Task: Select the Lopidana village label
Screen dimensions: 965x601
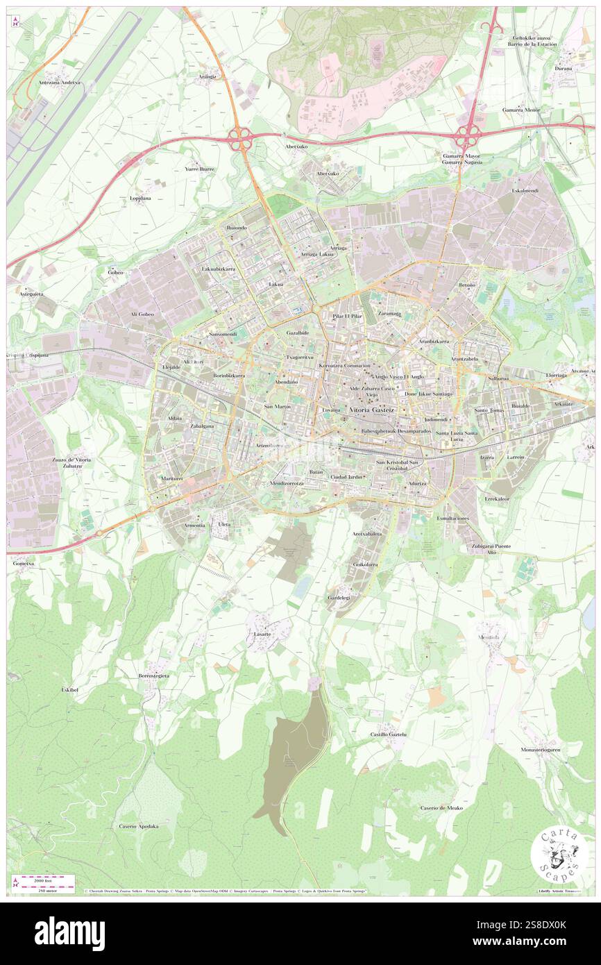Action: [140, 198]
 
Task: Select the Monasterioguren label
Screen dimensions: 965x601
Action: [541, 750]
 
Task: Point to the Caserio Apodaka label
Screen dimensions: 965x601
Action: [139, 826]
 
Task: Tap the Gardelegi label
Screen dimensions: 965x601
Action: [339, 597]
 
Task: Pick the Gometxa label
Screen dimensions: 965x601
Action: [23, 564]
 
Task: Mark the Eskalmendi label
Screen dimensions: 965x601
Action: [525, 191]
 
